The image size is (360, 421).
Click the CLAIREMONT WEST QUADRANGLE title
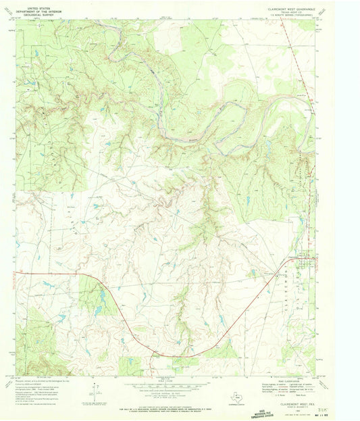(287, 5)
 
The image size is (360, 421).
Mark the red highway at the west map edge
(20, 273)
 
